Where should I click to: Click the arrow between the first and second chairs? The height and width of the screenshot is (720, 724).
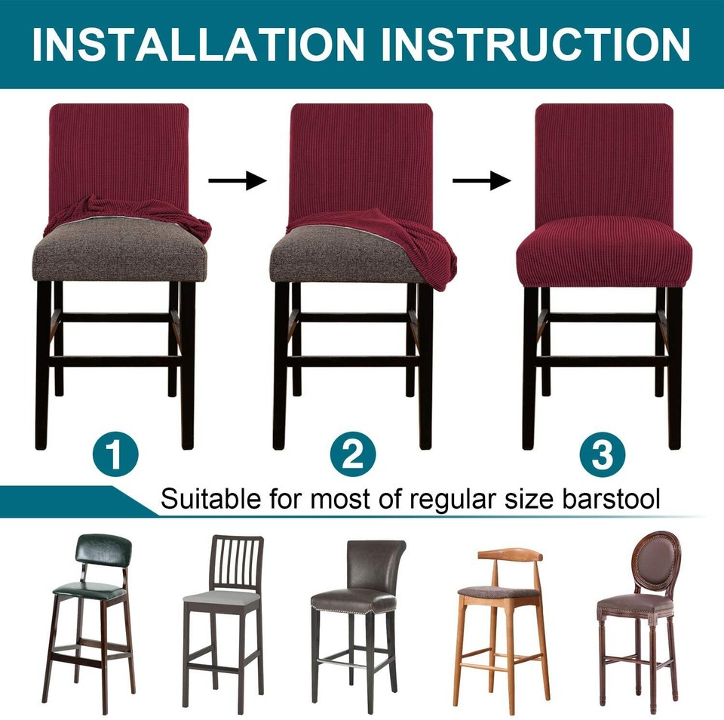(x=238, y=180)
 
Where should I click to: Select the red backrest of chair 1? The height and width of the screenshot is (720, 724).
(x=118, y=151)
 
